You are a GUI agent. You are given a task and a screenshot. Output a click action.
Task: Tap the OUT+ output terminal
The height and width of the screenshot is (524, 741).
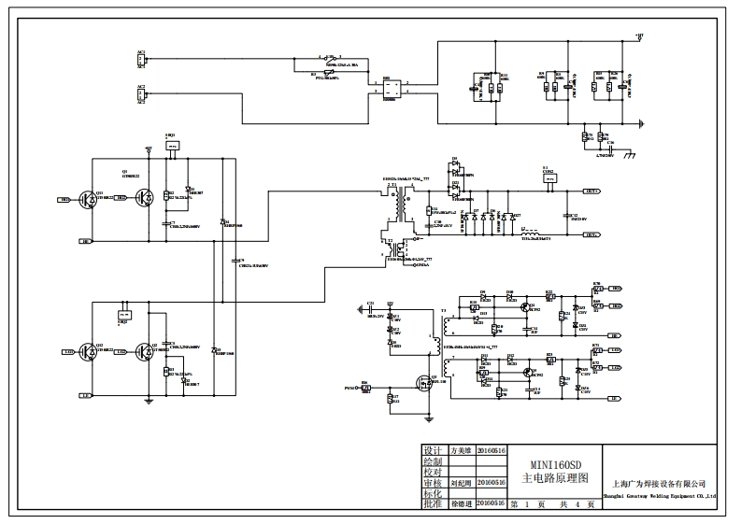point(591,191)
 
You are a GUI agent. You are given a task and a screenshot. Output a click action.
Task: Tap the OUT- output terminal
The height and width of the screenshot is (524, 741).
point(591,235)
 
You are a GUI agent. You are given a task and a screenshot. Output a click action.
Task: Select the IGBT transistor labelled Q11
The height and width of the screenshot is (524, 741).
point(90,198)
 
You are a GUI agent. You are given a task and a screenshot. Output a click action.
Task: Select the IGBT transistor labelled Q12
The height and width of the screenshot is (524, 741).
point(90,351)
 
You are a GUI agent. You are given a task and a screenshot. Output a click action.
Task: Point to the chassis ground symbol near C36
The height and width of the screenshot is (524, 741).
point(630,152)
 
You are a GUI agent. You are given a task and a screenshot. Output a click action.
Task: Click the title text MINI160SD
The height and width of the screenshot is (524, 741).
point(556,462)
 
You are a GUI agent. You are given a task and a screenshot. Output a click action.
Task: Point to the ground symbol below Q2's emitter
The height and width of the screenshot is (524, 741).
point(148,402)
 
